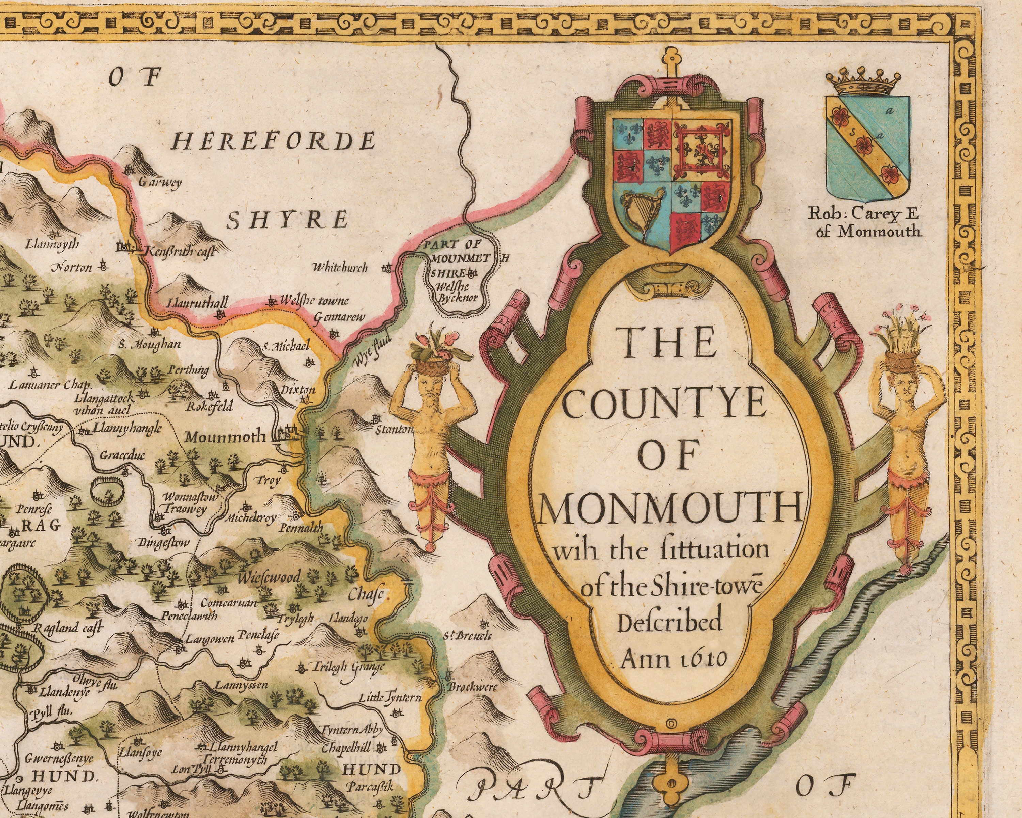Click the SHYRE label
pos(287,220)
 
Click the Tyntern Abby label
pos(351,730)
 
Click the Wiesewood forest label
pos(269,578)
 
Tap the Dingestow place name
pos(164,543)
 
